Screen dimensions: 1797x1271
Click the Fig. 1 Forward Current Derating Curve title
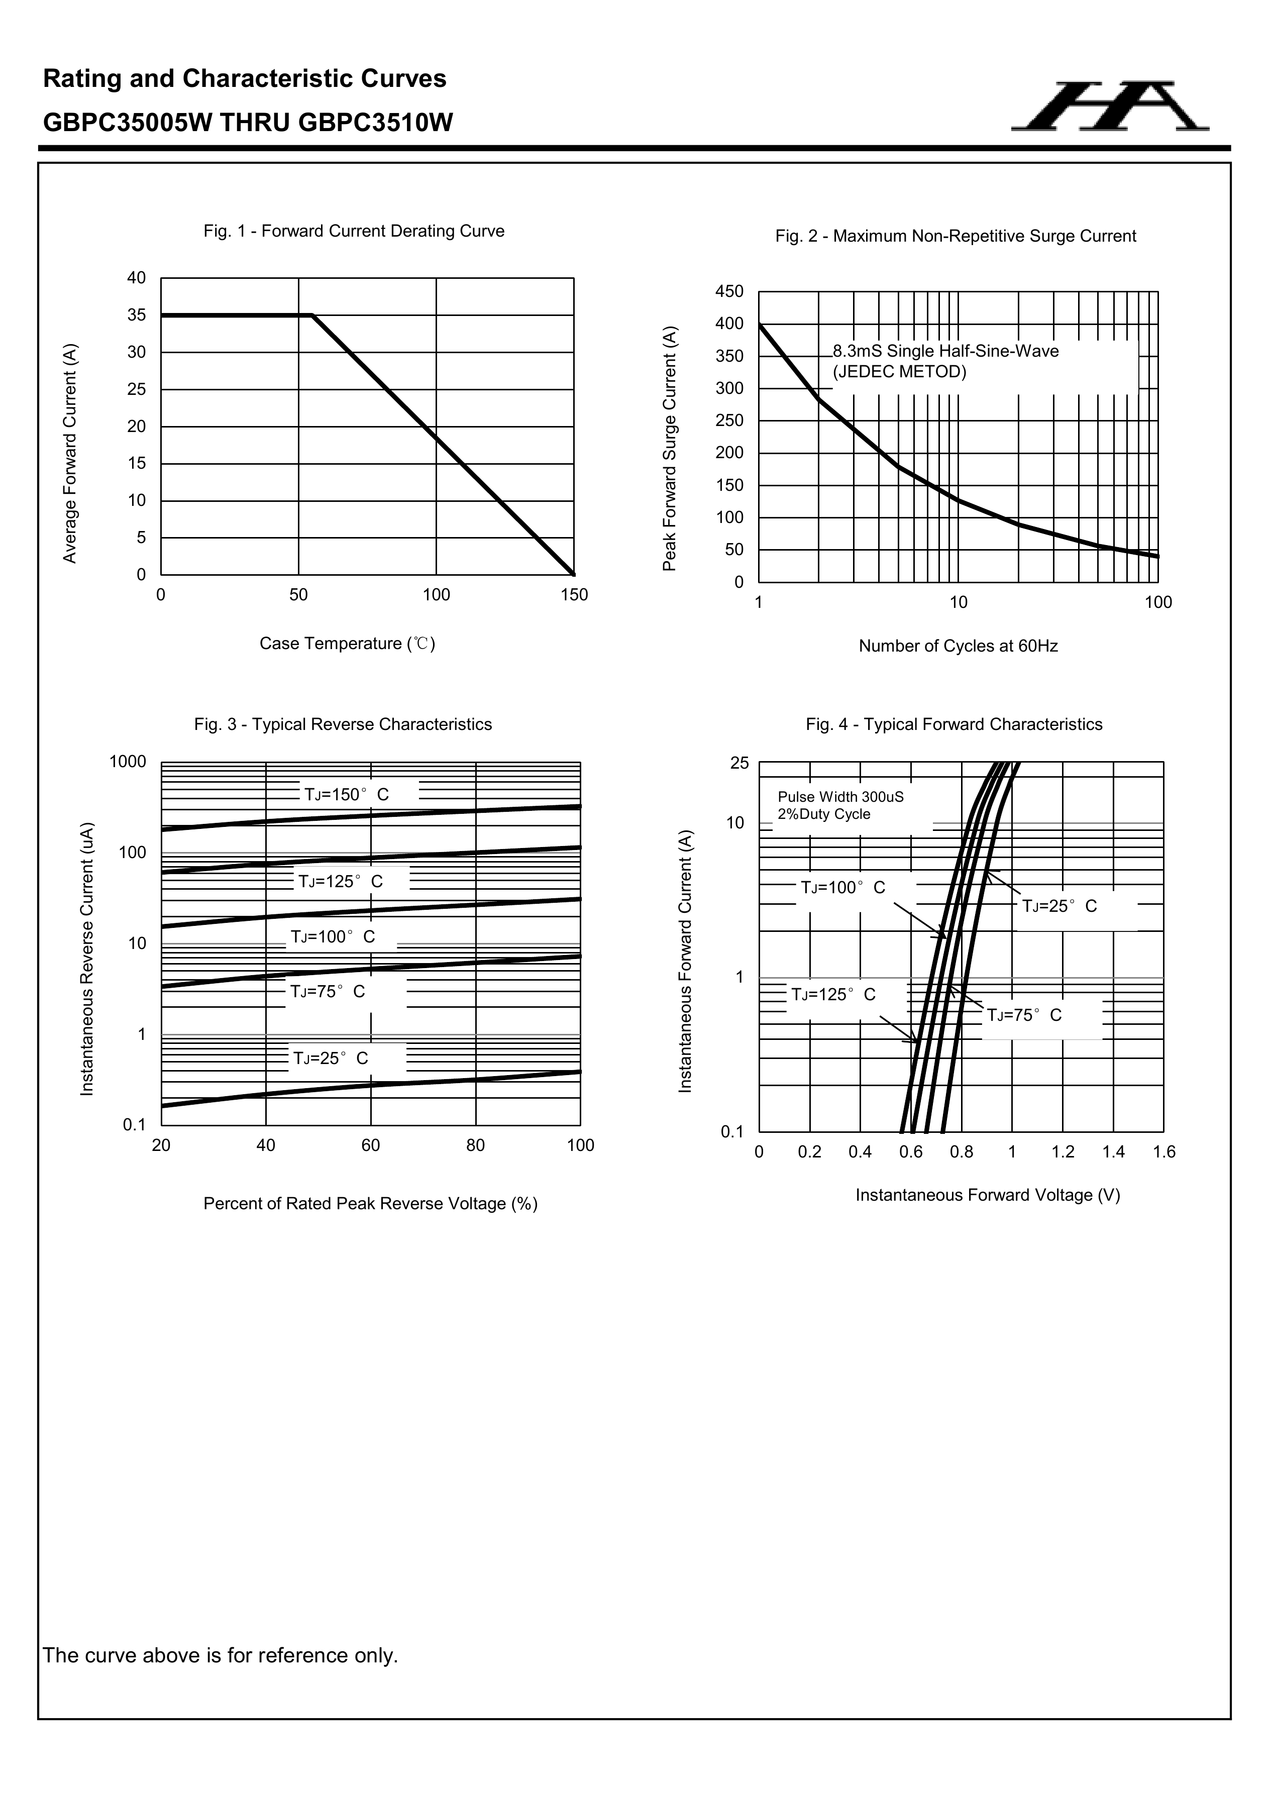coord(354,231)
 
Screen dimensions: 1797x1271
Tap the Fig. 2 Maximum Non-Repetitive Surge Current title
coord(955,236)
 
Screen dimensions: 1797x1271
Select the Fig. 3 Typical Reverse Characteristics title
coord(343,725)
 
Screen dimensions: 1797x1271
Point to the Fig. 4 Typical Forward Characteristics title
coord(954,725)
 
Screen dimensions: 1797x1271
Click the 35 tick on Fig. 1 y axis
coord(137,315)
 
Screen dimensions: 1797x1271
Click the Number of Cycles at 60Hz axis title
coord(958,647)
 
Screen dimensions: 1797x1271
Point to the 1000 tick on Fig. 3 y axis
coord(128,762)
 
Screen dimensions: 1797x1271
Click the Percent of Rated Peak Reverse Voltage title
coord(370,1204)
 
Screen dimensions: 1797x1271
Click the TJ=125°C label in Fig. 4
coord(833,995)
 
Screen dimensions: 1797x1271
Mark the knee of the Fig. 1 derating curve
coord(313,315)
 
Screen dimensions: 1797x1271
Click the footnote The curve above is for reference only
coord(220,1656)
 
